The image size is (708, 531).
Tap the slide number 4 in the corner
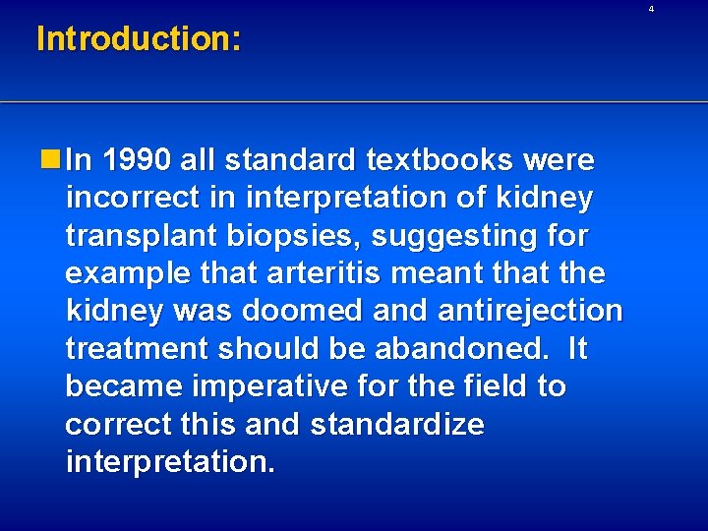(x=678, y=9)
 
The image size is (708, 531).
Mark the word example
(x=127, y=273)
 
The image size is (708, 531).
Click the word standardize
(x=397, y=425)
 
